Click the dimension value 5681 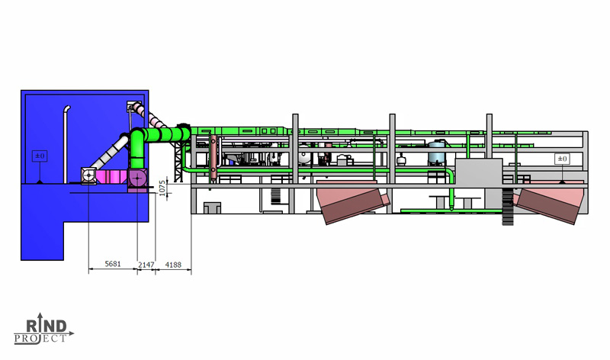[113, 264]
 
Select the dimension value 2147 [146, 265]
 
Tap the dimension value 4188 [173, 265]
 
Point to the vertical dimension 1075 [162, 188]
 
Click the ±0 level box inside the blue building [40, 156]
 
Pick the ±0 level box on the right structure [562, 159]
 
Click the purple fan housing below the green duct [137, 180]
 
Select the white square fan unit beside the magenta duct [88, 176]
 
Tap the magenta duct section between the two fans [112, 177]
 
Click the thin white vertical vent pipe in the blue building [66, 144]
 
